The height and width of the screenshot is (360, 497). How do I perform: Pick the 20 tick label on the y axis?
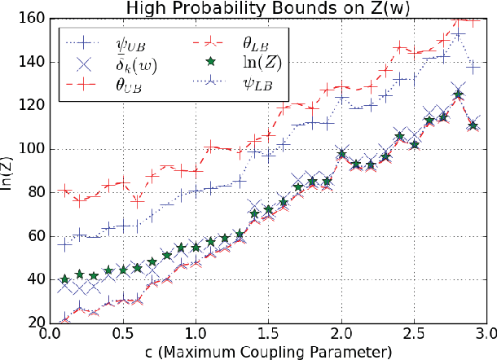pos(34,323)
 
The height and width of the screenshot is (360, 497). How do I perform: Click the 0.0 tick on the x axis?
pos(50,335)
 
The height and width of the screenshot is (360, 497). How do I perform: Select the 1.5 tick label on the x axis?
pos(268,335)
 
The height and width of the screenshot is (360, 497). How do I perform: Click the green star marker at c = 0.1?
pos(64,279)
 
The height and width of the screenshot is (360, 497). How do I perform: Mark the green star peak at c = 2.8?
pos(458,94)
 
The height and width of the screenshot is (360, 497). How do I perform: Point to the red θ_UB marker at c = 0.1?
pos(64,191)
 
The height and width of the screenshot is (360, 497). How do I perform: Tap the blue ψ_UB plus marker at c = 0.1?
pos(64,244)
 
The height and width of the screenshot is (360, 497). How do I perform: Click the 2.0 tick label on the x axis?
pos(341,335)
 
